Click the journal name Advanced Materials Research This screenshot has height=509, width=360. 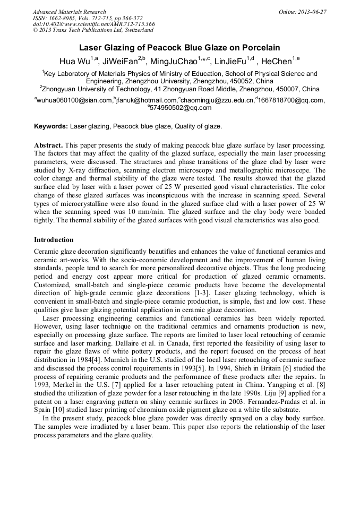(x=69, y=12)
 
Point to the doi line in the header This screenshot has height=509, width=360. (x=93, y=24)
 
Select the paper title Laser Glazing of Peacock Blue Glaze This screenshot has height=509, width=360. (x=179, y=47)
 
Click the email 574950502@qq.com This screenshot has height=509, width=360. (x=181, y=108)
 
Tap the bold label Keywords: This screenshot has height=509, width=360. (x=51, y=126)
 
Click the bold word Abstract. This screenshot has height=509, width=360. (x=48, y=145)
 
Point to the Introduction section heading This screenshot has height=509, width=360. (x=54, y=240)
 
